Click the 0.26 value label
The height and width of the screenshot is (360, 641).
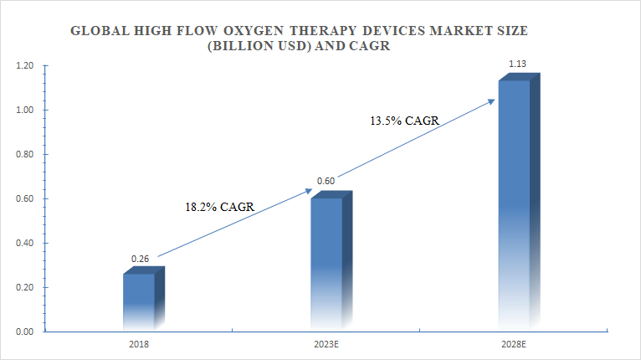(140, 260)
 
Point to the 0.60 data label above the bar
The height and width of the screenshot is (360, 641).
(325, 182)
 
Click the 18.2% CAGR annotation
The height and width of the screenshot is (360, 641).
(220, 206)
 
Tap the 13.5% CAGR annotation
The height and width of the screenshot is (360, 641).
(404, 121)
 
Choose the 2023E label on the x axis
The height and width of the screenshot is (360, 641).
(326, 343)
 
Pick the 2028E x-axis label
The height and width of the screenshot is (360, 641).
(514, 343)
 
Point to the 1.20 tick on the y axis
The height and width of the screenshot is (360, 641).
(23, 66)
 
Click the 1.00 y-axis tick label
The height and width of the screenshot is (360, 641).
(23, 111)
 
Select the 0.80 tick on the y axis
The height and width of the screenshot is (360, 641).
(23, 155)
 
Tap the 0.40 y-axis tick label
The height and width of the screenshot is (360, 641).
(23, 244)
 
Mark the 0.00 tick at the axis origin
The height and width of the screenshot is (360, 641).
(23, 332)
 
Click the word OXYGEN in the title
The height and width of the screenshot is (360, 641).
(254, 31)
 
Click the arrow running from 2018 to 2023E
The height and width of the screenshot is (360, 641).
(234, 224)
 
